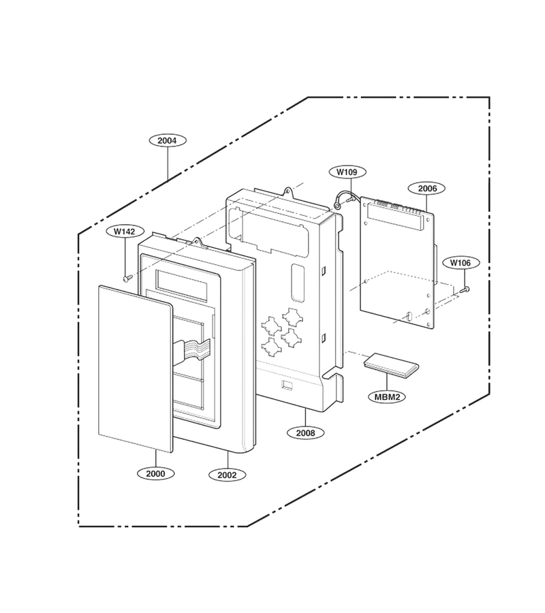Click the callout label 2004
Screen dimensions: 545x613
click(168, 140)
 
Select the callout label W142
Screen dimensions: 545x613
click(124, 232)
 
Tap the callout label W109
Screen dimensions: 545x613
click(347, 172)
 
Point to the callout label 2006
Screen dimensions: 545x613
click(427, 189)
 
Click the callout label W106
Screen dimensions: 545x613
click(461, 263)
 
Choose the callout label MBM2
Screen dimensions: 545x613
click(388, 397)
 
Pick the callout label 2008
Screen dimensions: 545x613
click(305, 433)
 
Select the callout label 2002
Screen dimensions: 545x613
click(227, 475)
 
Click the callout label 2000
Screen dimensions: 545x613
click(155, 474)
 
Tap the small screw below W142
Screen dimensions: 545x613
click(127, 279)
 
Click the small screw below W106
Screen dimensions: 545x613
click(465, 289)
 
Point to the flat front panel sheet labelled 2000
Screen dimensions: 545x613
click(135, 368)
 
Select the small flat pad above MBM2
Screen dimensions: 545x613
click(391, 365)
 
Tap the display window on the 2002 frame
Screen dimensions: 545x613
click(181, 285)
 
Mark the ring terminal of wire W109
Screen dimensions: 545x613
click(337, 205)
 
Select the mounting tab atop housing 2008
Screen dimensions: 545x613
click(288, 191)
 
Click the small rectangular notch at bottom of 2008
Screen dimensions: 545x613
click(287, 385)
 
